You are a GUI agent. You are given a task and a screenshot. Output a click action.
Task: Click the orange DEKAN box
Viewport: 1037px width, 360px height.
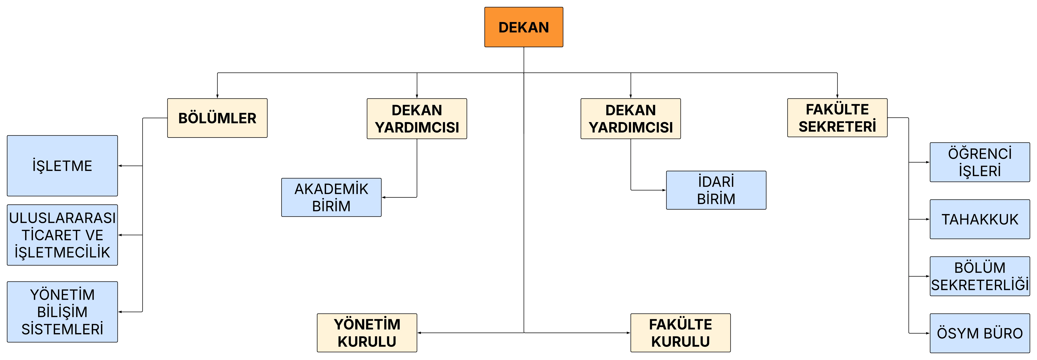[524, 27]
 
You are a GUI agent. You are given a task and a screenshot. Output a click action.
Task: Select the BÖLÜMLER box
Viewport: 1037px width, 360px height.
[217, 118]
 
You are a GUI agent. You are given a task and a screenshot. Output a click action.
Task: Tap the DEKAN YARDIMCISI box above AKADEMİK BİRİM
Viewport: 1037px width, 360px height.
[417, 119]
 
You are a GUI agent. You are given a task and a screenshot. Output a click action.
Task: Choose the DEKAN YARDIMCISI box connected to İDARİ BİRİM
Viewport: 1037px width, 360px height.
[631, 119]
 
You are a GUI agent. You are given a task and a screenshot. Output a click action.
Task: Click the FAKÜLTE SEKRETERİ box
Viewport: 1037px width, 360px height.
[837, 118]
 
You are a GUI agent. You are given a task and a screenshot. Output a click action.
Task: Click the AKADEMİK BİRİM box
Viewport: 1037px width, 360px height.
[331, 197]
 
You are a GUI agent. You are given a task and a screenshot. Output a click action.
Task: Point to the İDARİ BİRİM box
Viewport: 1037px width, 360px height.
[716, 190]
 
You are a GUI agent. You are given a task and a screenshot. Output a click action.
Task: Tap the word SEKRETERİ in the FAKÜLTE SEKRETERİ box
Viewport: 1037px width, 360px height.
[837, 126]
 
